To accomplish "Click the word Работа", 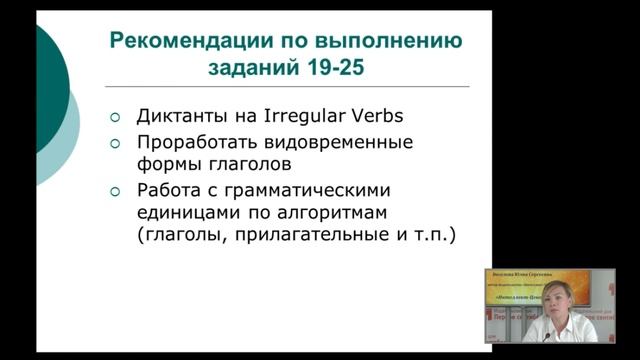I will [168, 190].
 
